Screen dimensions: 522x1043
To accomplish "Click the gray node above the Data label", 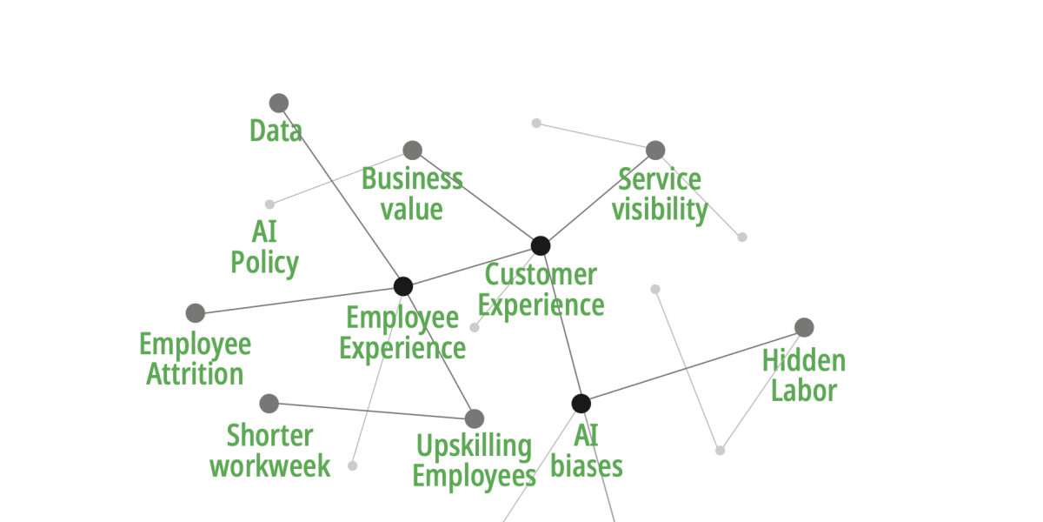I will point(279,104).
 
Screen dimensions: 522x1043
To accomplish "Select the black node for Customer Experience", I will point(541,245).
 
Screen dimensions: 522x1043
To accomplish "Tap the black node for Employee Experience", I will point(403,286).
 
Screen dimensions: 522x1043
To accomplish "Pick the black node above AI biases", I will point(581,404).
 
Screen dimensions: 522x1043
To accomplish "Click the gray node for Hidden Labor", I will point(804,327).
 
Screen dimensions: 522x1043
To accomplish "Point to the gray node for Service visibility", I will point(655,151).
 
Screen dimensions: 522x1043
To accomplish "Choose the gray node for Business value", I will point(413,151).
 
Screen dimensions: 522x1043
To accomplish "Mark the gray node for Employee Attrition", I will point(196,313).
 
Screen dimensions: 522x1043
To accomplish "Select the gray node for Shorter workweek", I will point(269,404).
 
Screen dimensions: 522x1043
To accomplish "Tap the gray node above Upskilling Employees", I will point(474,418).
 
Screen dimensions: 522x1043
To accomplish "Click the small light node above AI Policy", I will point(269,204).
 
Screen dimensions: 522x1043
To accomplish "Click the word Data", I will point(276,131).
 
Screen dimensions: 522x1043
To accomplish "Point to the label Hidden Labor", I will point(804,375).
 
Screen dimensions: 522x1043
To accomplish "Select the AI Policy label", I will point(265,247).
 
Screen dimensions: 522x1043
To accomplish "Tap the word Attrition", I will point(195,375).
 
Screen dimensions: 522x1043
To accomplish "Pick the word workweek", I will point(270,465).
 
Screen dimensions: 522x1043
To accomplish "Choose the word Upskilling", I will point(474,446).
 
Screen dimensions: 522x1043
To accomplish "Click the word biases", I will point(587,466).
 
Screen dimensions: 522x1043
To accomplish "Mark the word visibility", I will point(660,210).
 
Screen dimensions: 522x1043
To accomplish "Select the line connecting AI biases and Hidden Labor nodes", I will point(693,365).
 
